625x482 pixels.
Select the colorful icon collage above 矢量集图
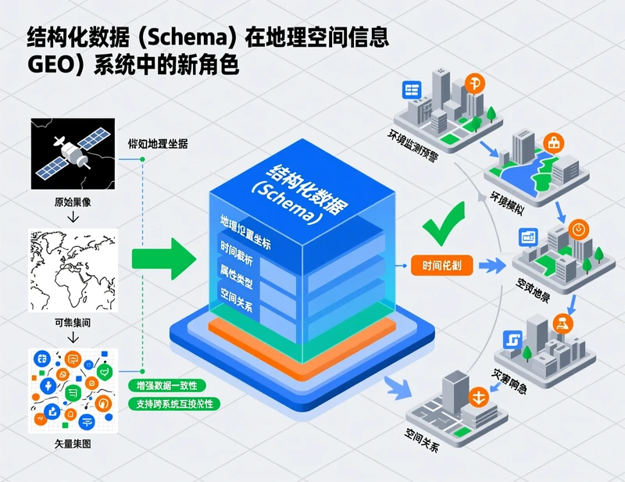point(72,390)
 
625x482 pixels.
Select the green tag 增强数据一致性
point(166,386)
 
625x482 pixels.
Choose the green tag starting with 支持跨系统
point(173,404)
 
